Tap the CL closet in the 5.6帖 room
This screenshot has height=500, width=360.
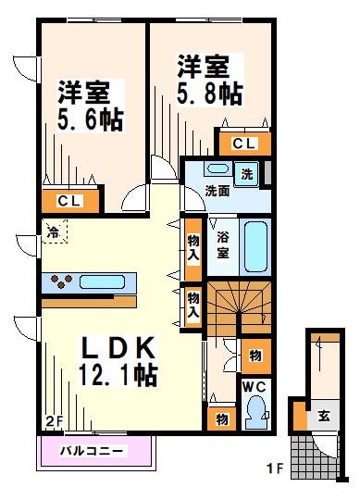[x=68, y=201]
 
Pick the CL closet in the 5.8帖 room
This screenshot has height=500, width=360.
[x=244, y=143]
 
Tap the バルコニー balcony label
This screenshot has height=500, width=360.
[x=95, y=452]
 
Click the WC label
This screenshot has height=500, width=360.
[x=254, y=387]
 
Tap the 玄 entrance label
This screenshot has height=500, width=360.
[x=326, y=415]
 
